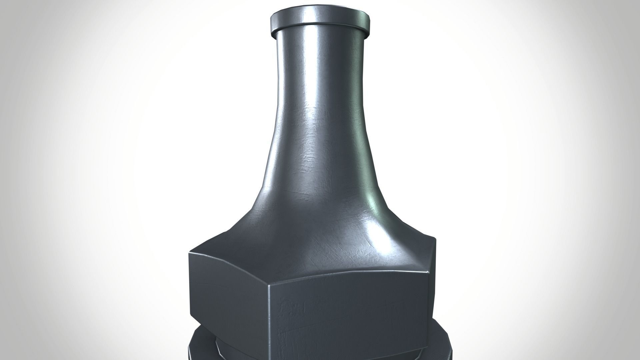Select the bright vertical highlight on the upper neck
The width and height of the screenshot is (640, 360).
[308, 67]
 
